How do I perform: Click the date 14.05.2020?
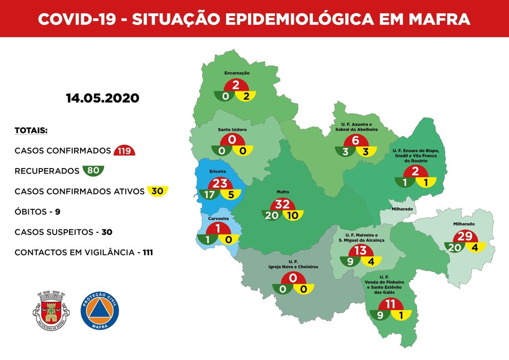click(x=102, y=97)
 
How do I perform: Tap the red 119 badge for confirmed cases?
click(x=124, y=151)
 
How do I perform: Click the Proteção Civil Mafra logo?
click(x=100, y=310)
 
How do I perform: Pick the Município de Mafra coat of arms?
click(x=51, y=310)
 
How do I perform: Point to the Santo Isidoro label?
click(x=232, y=129)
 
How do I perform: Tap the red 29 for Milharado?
click(x=464, y=237)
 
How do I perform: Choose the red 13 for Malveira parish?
click(x=360, y=251)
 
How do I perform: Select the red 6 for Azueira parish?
click(x=355, y=141)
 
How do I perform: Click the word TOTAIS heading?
click(x=31, y=131)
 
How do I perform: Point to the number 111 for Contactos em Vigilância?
click(x=147, y=253)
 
